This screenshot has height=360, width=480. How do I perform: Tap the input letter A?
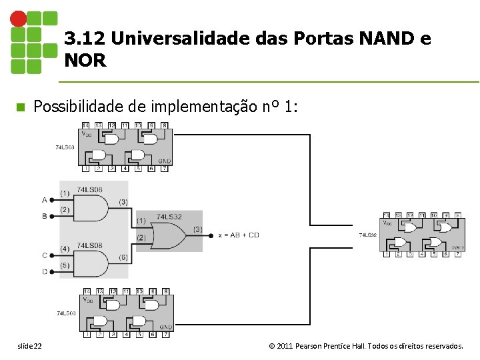[45, 199]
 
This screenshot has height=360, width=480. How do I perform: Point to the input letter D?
[45, 271]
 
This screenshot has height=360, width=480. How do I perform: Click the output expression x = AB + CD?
[239, 235]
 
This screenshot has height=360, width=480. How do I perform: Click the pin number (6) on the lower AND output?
[123, 257]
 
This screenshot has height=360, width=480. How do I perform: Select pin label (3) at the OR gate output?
[197, 229]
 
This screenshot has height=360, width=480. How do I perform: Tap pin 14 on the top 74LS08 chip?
[85, 125]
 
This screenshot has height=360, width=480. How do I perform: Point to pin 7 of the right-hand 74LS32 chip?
[457, 254]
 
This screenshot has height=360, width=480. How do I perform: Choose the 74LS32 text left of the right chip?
[368, 235]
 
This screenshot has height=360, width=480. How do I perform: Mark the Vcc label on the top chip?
[87, 133]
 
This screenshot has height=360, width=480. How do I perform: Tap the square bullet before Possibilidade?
[19, 107]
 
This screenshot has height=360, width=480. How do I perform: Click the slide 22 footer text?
[29, 347]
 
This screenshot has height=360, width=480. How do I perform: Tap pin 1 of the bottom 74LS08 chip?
[85, 335]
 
